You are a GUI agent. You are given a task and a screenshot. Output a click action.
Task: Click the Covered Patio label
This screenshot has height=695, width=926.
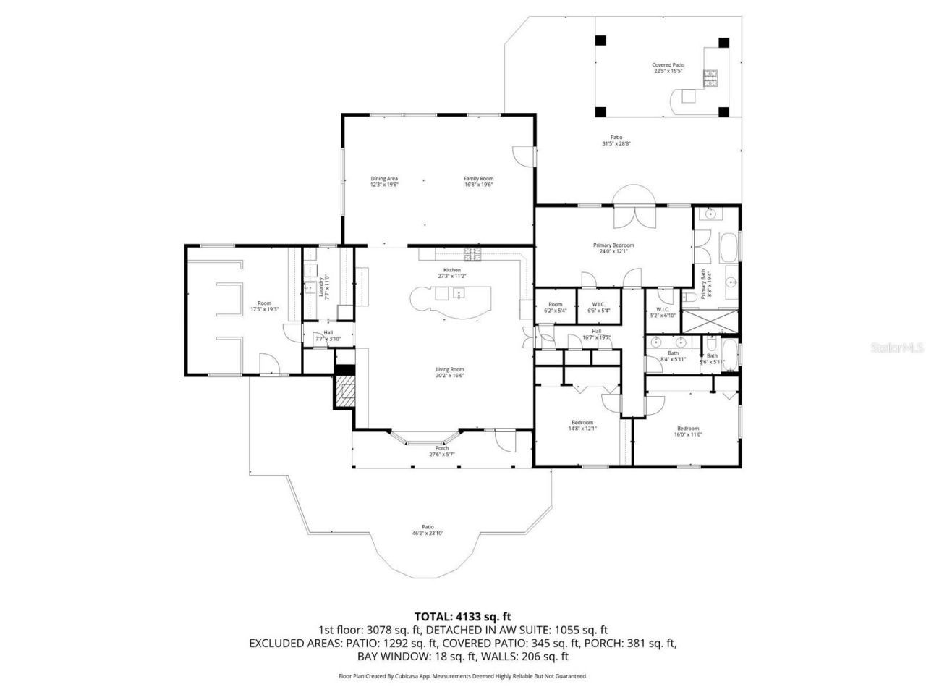pos(668,68)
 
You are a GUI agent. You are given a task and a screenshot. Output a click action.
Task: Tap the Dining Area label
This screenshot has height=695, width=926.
pos(384,182)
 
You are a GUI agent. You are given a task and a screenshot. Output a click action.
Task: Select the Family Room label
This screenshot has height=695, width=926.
pos(478,182)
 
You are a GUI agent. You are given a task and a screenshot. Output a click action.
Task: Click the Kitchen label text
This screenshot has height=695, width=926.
pos(452,273)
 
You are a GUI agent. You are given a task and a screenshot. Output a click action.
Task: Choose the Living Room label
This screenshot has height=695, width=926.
pos(449,372)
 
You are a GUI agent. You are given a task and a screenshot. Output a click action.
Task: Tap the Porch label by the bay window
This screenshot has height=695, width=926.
pos(441,451)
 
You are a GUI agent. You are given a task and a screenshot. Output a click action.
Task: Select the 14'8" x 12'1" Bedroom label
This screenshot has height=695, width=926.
pos(582,425)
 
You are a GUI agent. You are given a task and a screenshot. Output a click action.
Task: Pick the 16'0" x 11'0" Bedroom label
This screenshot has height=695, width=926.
pos(688,431)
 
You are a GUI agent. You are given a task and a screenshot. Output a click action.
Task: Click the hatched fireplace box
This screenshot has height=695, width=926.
pos(346,392)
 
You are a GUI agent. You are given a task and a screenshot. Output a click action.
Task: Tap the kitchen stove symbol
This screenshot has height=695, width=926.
pos(473,253)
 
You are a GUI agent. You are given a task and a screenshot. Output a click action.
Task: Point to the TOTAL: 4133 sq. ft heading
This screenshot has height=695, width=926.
pos(463,617)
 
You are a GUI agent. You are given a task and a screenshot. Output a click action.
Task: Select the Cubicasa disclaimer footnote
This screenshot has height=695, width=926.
pos(463,676)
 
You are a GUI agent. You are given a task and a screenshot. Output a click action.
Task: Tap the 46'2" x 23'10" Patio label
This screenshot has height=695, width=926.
pos(428,530)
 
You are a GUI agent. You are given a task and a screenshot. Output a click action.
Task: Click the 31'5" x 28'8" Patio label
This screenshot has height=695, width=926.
pos(616,140)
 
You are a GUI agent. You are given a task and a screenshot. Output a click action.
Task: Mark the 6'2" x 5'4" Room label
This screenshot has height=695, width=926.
pos(555,307)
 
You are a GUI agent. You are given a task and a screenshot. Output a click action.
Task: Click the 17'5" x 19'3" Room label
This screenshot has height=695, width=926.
pos(264,306)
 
